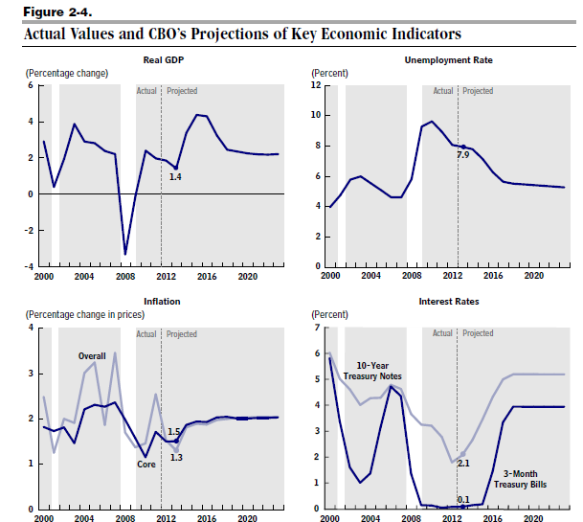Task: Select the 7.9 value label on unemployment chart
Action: pos(462,154)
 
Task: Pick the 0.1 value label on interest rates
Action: pos(462,499)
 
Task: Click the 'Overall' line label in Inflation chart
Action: pos(92,356)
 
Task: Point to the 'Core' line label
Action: pos(146,465)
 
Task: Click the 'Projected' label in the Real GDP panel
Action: pos(182,91)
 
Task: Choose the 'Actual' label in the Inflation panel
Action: pos(146,334)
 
